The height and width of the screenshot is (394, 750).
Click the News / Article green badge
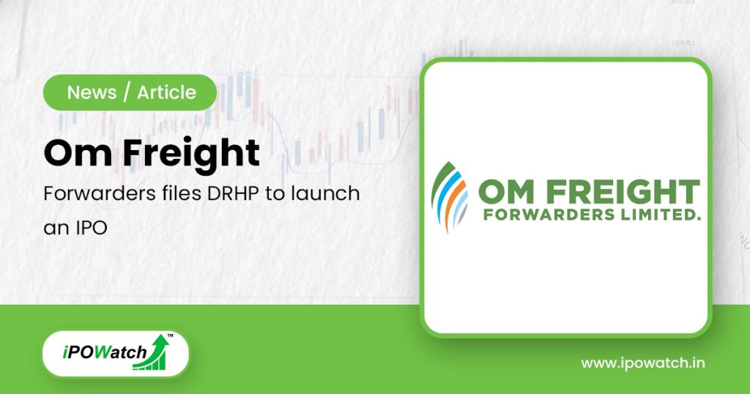130,92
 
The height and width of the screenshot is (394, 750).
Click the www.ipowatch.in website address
643,363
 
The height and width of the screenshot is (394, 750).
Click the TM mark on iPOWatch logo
170,337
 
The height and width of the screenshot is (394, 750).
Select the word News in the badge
92,92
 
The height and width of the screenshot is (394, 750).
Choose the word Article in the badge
166,92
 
